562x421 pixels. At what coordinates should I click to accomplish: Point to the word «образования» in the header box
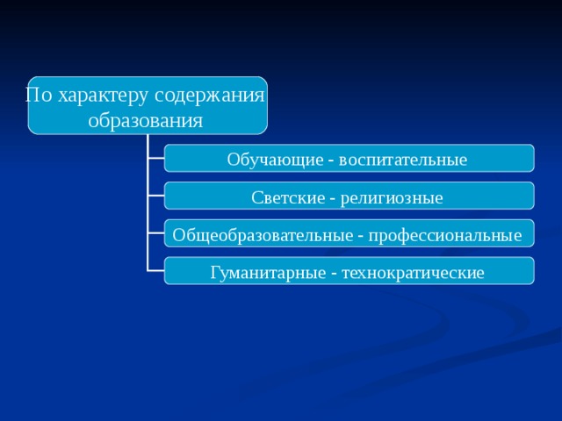[146, 119]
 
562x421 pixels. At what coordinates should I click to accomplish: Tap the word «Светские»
[286, 197]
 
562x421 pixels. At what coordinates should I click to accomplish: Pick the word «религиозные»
[391, 197]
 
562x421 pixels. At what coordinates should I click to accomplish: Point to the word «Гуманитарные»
[268, 273]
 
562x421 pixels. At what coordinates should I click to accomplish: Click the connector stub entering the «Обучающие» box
[156, 158]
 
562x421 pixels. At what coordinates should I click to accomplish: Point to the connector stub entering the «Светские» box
[156, 196]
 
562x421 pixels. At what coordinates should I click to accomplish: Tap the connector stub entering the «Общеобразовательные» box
[156, 233]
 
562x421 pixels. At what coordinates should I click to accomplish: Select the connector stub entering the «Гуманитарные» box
[156, 271]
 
